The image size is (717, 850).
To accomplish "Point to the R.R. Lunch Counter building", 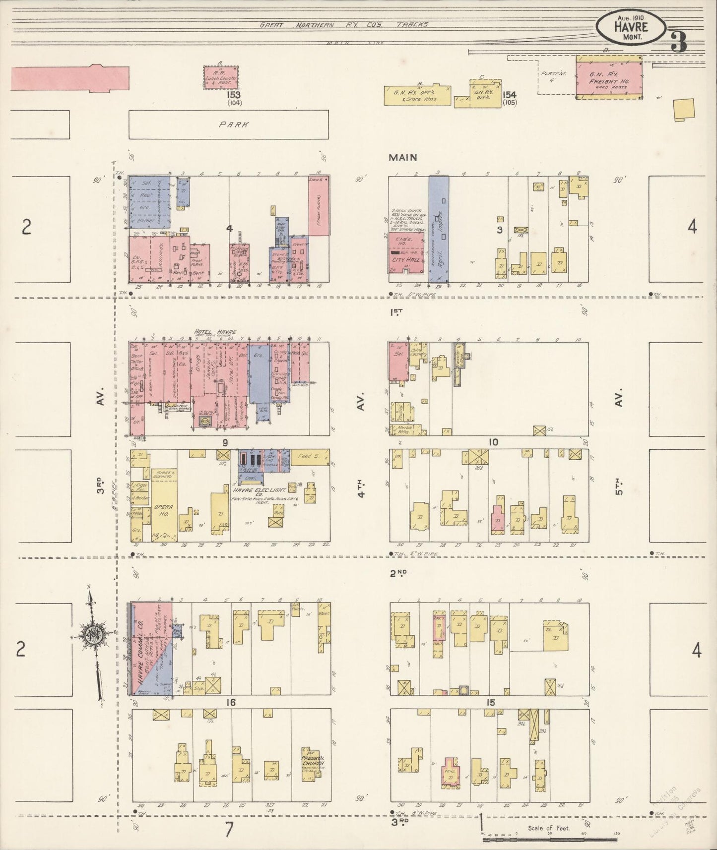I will [x=221, y=78].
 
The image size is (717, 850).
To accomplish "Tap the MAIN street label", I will [x=402, y=158].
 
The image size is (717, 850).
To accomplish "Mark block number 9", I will [x=225, y=442].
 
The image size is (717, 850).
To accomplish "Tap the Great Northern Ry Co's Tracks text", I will [x=344, y=24].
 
